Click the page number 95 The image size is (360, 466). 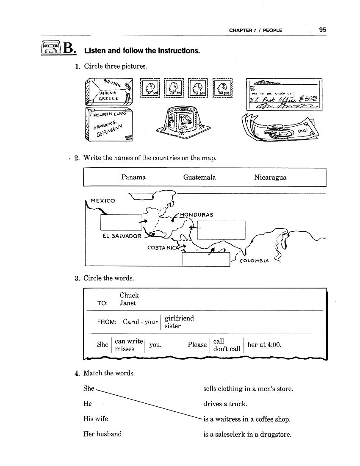[x=323, y=30]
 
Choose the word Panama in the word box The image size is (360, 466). [x=133, y=178]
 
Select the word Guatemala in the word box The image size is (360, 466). [x=199, y=178]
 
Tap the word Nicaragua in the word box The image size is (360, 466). [x=270, y=178]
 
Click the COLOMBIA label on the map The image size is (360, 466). [x=254, y=261]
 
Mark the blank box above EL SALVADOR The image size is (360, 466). [x=121, y=222]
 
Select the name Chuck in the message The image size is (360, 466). [x=129, y=295]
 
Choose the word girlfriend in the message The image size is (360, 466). [x=179, y=318]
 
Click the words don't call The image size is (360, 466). [x=227, y=349]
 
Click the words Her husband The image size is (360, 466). [x=102, y=434]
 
